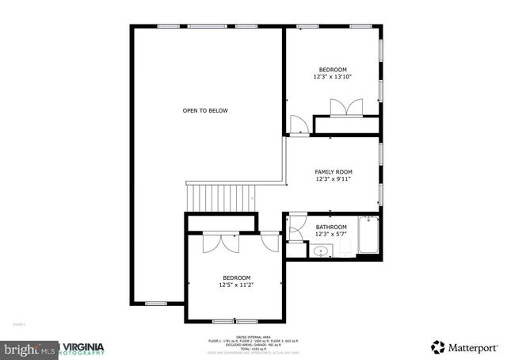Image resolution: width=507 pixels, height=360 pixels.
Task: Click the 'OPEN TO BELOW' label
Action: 205,111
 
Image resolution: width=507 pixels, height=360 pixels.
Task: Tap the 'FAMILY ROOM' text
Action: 333,172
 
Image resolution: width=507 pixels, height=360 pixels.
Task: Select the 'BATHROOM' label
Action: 331,227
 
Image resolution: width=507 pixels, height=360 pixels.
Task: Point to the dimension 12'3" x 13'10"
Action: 333,77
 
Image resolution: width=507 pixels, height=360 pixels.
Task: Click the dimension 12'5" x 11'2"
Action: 236,285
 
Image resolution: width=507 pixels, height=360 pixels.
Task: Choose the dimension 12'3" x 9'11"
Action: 333,179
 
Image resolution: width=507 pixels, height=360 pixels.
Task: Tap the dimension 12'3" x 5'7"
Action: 331,234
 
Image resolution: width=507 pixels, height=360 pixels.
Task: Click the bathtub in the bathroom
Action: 369,235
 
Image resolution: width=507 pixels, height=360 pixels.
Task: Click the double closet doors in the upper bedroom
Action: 346,107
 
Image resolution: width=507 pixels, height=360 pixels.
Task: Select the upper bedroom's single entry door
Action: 299,124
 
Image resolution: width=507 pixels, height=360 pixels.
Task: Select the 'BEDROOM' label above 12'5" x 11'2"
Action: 236,278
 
